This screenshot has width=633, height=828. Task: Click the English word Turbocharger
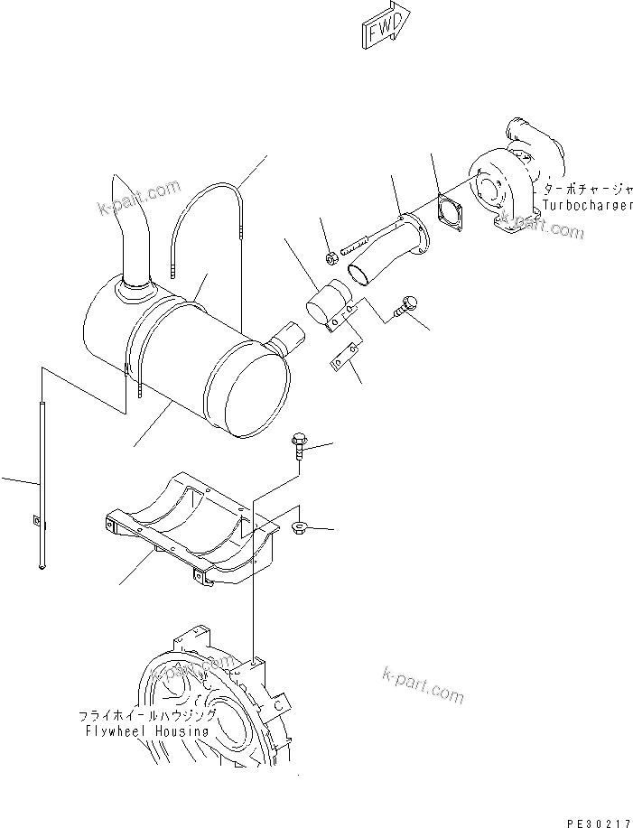pyautogui.click(x=587, y=207)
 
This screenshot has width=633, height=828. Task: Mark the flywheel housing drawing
pyautogui.click(x=217, y=704)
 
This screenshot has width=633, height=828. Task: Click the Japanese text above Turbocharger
pyautogui.click(x=587, y=191)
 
